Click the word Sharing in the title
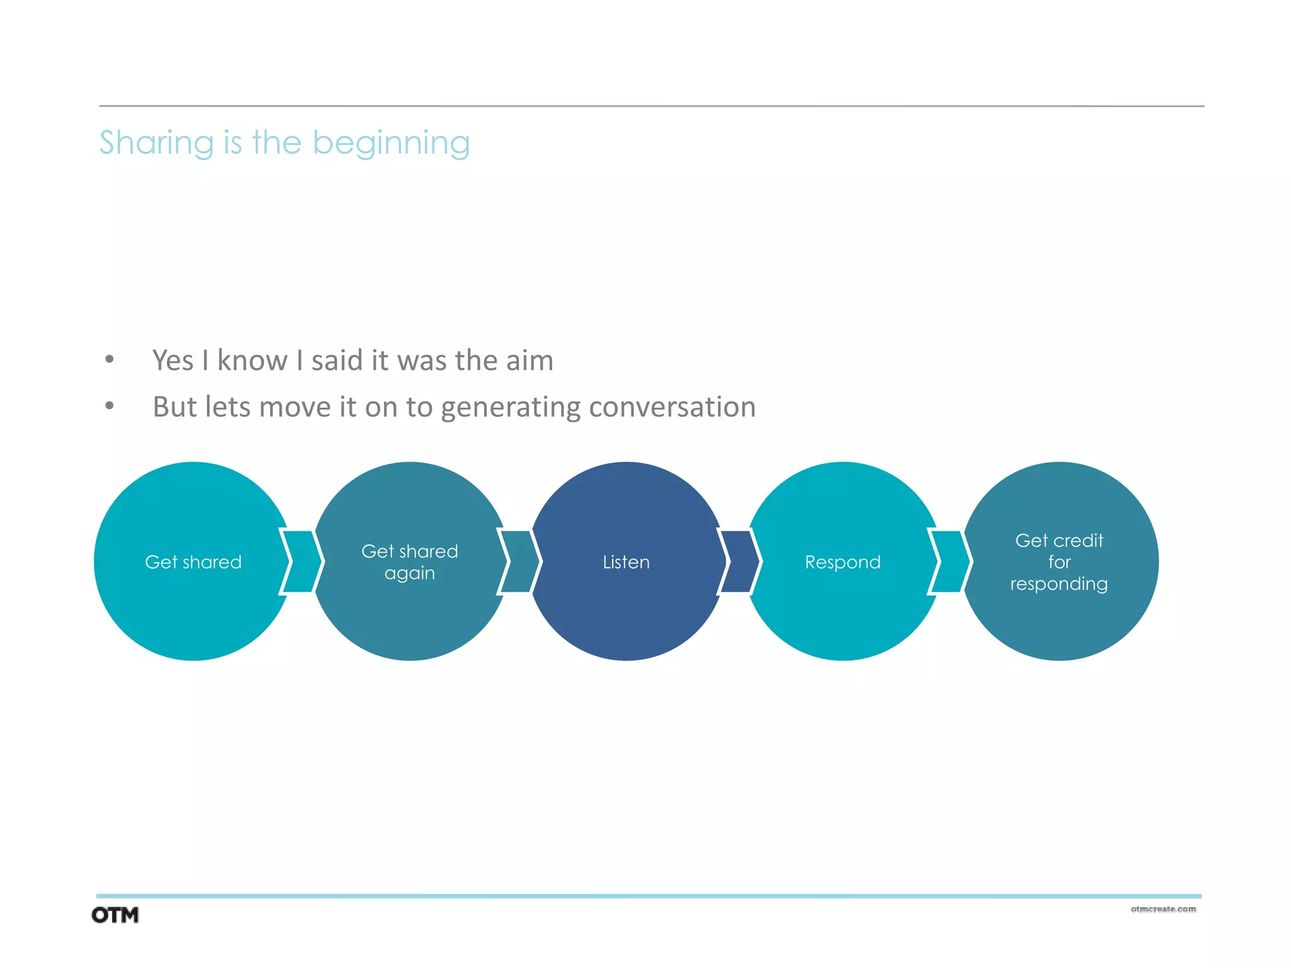(x=156, y=144)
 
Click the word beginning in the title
(x=391, y=144)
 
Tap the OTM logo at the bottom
(x=115, y=915)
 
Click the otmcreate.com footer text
(x=1163, y=909)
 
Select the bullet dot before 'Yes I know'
(x=110, y=360)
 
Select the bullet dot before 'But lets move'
(x=110, y=406)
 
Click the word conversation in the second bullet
(x=672, y=407)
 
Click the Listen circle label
(x=626, y=562)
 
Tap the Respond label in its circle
(x=842, y=562)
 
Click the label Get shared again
(x=410, y=562)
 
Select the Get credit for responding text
(x=1059, y=562)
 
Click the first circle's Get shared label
(x=193, y=562)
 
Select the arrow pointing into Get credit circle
(x=949, y=562)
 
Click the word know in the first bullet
(x=252, y=361)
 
